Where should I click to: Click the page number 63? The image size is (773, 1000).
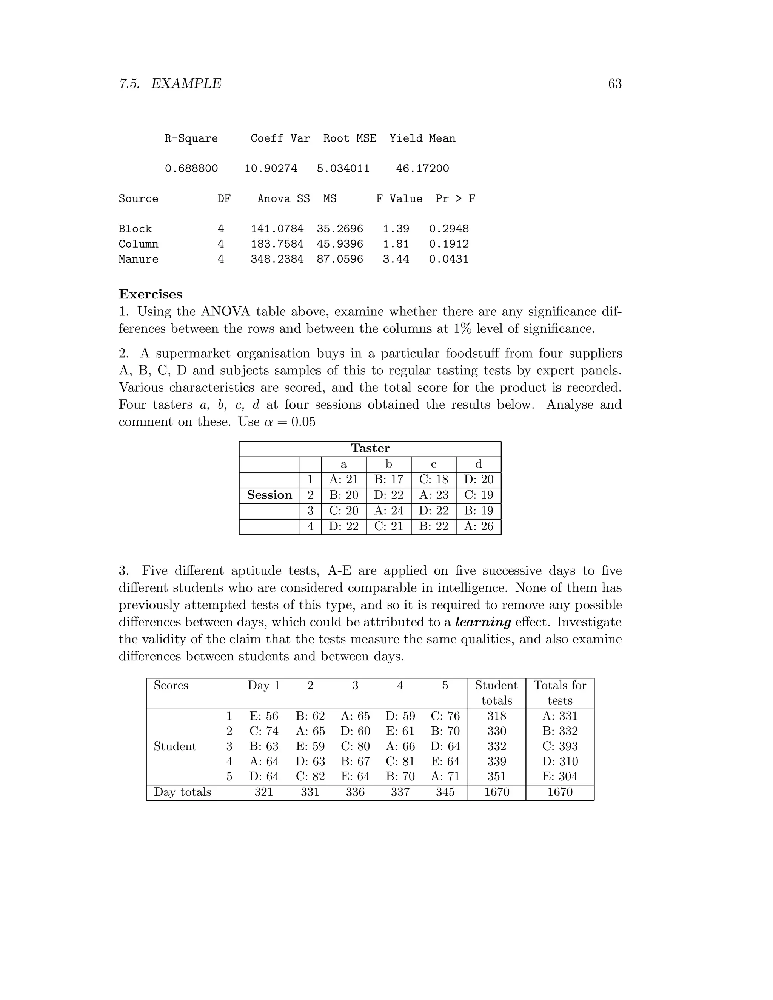(x=614, y=84)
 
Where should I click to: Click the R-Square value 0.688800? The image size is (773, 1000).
(x=191, y=169)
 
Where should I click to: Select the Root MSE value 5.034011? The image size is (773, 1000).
(x=343, y=169)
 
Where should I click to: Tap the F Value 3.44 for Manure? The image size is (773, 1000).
(x=396, y=259)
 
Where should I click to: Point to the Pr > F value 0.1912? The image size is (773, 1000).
(x=448, y=244)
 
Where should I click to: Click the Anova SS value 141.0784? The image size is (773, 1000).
(x=277, y=229)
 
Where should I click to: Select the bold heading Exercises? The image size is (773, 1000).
(x=150, y=294)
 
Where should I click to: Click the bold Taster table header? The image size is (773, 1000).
(x=370, y=448)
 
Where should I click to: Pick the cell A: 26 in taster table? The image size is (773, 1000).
(x=479, y=526)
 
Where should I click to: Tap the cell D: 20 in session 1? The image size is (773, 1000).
(x=479, y=479)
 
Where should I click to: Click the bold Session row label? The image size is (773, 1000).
(x=269, y=495)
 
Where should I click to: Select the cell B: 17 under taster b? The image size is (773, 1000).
(x=388, y=479)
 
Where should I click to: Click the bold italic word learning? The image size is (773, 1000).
(x=483, y=622)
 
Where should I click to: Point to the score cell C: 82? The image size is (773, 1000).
(x=310, y=777)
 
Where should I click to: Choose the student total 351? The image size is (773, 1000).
(x=496, y=777)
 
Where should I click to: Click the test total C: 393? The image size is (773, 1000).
(x=560, y=746)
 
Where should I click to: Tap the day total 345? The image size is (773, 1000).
(x=445, y=792)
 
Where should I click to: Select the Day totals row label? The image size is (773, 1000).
(x=182, y=792)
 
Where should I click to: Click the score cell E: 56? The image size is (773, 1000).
(x=264, y=716)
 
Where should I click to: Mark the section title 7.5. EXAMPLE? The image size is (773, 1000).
(x=170, y=84)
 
